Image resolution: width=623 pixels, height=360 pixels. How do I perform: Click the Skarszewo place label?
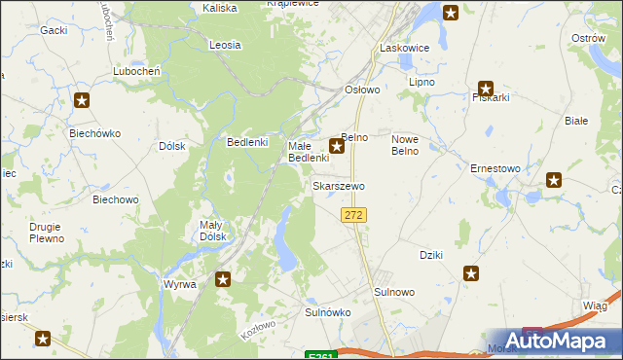(x=338, y=185)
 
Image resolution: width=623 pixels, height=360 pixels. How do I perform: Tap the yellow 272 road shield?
(x=353, y=214)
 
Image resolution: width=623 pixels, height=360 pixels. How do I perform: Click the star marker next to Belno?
(x=337, y=147)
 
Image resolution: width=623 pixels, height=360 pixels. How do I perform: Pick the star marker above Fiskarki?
(x=486, y=87)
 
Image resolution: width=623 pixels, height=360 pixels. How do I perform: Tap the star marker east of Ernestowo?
(x=554, y=179)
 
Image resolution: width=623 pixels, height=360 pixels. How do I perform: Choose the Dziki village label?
(x=430, y=255)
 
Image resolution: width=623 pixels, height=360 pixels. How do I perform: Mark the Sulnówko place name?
(x=327, y=312)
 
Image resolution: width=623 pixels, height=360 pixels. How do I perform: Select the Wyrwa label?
(x=180, y=284)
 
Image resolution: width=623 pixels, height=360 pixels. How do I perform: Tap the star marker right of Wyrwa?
(x=223, y=280)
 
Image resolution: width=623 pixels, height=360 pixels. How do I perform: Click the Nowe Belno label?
(x=404, y=145)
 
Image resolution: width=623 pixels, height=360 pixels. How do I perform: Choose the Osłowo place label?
(x=363, y=90)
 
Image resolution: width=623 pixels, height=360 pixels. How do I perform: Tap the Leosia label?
(x=225, y=45)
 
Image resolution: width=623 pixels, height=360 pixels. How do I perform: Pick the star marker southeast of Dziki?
(x=472, y=274)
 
